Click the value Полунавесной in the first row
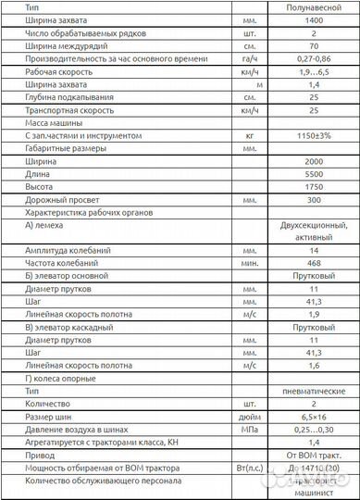[x=313, y=6]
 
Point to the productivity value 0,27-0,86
[x=313, y=58]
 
